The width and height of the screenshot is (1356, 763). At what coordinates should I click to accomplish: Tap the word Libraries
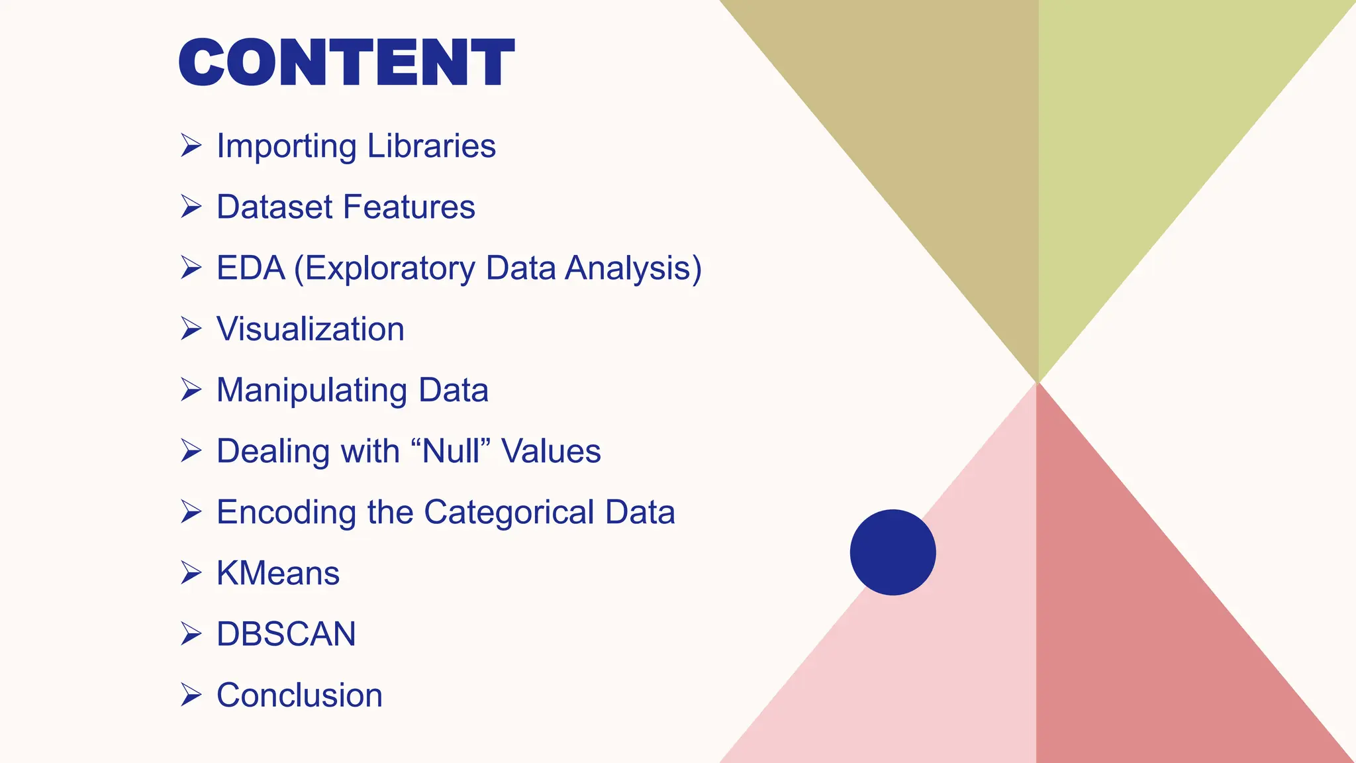(x=431, y=146)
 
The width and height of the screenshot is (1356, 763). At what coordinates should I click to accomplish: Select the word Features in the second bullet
(x=418, y=207)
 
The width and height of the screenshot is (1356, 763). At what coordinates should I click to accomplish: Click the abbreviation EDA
(x=250, y=268)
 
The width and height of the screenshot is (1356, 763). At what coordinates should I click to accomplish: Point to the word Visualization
(x=311, y=329)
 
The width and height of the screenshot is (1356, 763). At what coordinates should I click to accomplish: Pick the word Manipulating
(x=311, y=390)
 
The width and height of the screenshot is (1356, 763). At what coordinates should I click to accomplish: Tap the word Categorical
(x=509, y=512)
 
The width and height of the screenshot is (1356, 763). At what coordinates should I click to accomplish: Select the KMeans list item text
(x=278, y=573)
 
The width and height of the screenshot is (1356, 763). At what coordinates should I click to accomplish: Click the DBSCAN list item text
(x=286, y=634)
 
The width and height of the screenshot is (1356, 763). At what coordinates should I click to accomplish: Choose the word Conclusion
(x=299, y=695)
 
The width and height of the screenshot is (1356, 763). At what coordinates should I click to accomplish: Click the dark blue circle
(x=893, y=552)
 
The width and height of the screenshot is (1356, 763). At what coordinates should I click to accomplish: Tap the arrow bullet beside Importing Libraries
(x=191, y=146)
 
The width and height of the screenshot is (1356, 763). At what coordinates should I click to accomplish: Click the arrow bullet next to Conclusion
(x=191, y=695)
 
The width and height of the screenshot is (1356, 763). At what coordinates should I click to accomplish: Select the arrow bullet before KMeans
(x=191, y=573)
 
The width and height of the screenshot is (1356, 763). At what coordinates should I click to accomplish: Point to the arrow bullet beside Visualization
(x=191, y=329)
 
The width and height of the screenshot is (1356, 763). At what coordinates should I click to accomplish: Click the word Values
(x=551, y=451)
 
